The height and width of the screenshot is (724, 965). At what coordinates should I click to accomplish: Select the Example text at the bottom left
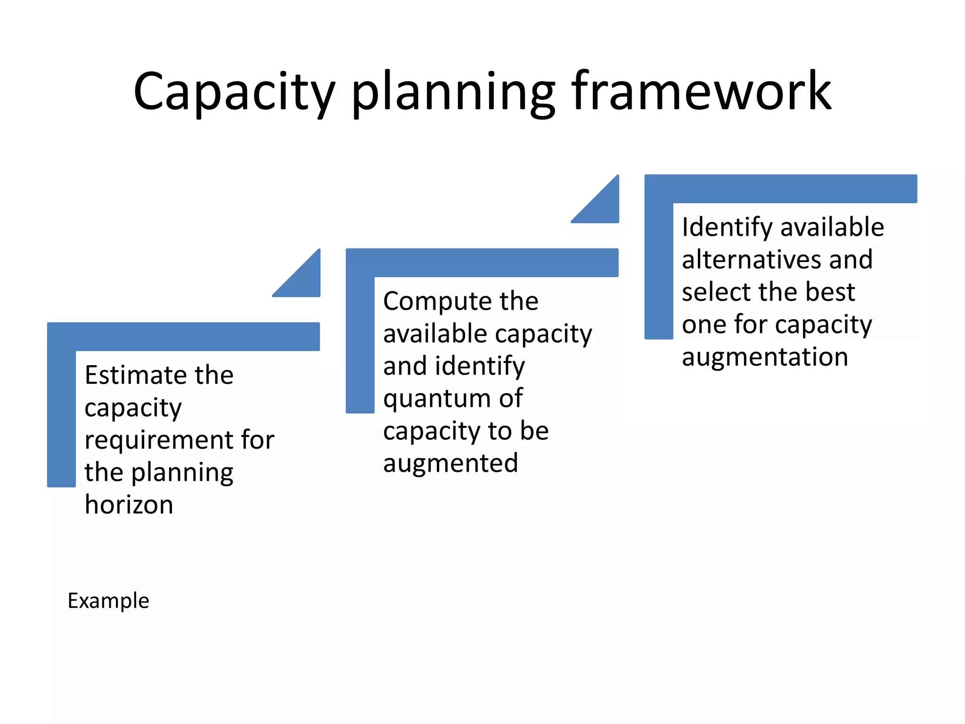tap(108, 601)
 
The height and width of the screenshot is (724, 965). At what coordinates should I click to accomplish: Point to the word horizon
tap(129, 505)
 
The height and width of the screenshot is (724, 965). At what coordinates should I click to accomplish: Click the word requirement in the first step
tap(158, 440)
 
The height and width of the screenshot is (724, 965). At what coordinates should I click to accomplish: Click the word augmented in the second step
tap(450, 463)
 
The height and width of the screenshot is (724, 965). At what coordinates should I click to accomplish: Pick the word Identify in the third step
tap(727, 227)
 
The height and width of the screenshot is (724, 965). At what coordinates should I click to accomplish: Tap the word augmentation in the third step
tap(765, 357)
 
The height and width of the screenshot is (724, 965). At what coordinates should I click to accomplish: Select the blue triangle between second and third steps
tap(604, 207)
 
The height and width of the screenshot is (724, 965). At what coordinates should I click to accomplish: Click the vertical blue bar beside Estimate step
tap(61, 415)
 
